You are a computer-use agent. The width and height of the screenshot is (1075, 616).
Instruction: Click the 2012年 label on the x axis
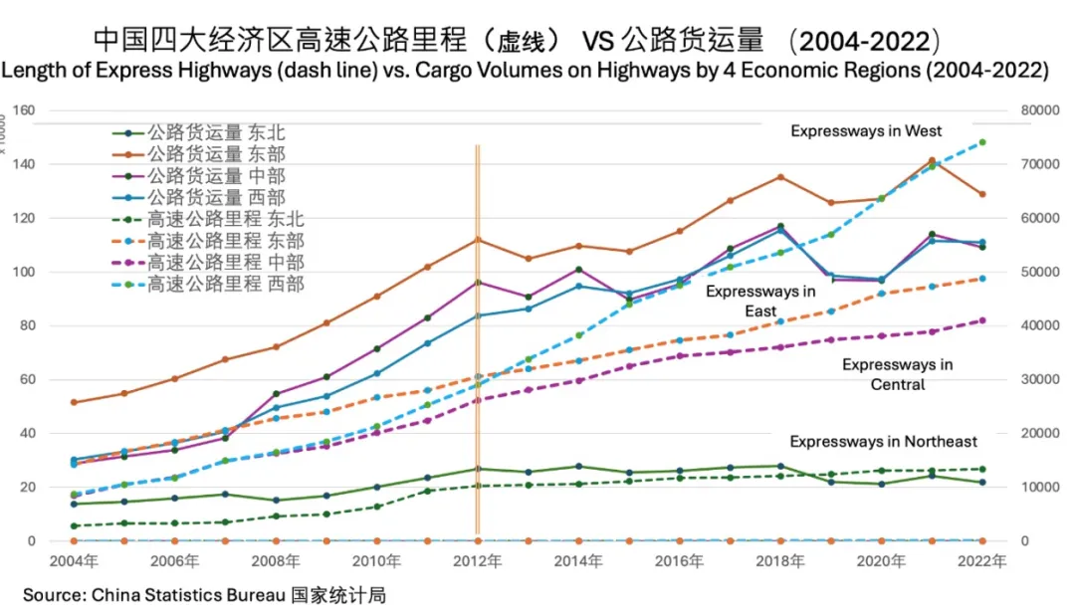478,561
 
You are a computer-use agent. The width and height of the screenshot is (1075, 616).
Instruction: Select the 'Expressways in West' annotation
866,130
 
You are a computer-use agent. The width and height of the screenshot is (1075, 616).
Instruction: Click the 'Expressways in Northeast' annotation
883,441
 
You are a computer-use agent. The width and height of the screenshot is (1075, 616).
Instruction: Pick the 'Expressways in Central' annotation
897,374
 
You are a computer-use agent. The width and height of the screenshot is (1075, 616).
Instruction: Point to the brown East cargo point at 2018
780,177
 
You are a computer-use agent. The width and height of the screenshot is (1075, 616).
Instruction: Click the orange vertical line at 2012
478,338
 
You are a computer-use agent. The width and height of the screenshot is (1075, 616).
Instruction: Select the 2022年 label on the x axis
981,561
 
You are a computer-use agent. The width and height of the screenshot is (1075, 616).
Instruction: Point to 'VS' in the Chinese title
598,41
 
